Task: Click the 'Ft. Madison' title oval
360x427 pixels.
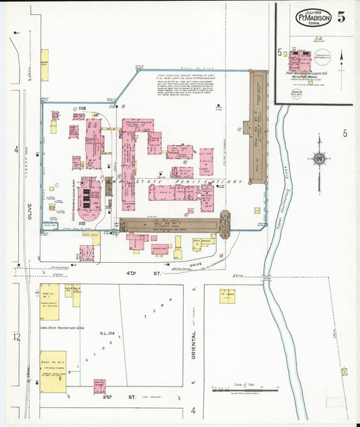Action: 311,18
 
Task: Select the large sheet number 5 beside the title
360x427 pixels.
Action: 342,17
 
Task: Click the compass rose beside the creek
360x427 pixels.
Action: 319,159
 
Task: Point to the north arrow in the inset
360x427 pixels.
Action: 342,62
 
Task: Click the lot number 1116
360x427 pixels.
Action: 82,109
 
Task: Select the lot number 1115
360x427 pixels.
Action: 82,222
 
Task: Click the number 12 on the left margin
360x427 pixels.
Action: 16,336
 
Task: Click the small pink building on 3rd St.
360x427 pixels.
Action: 99,386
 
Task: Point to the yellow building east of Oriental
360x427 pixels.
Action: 227,295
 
